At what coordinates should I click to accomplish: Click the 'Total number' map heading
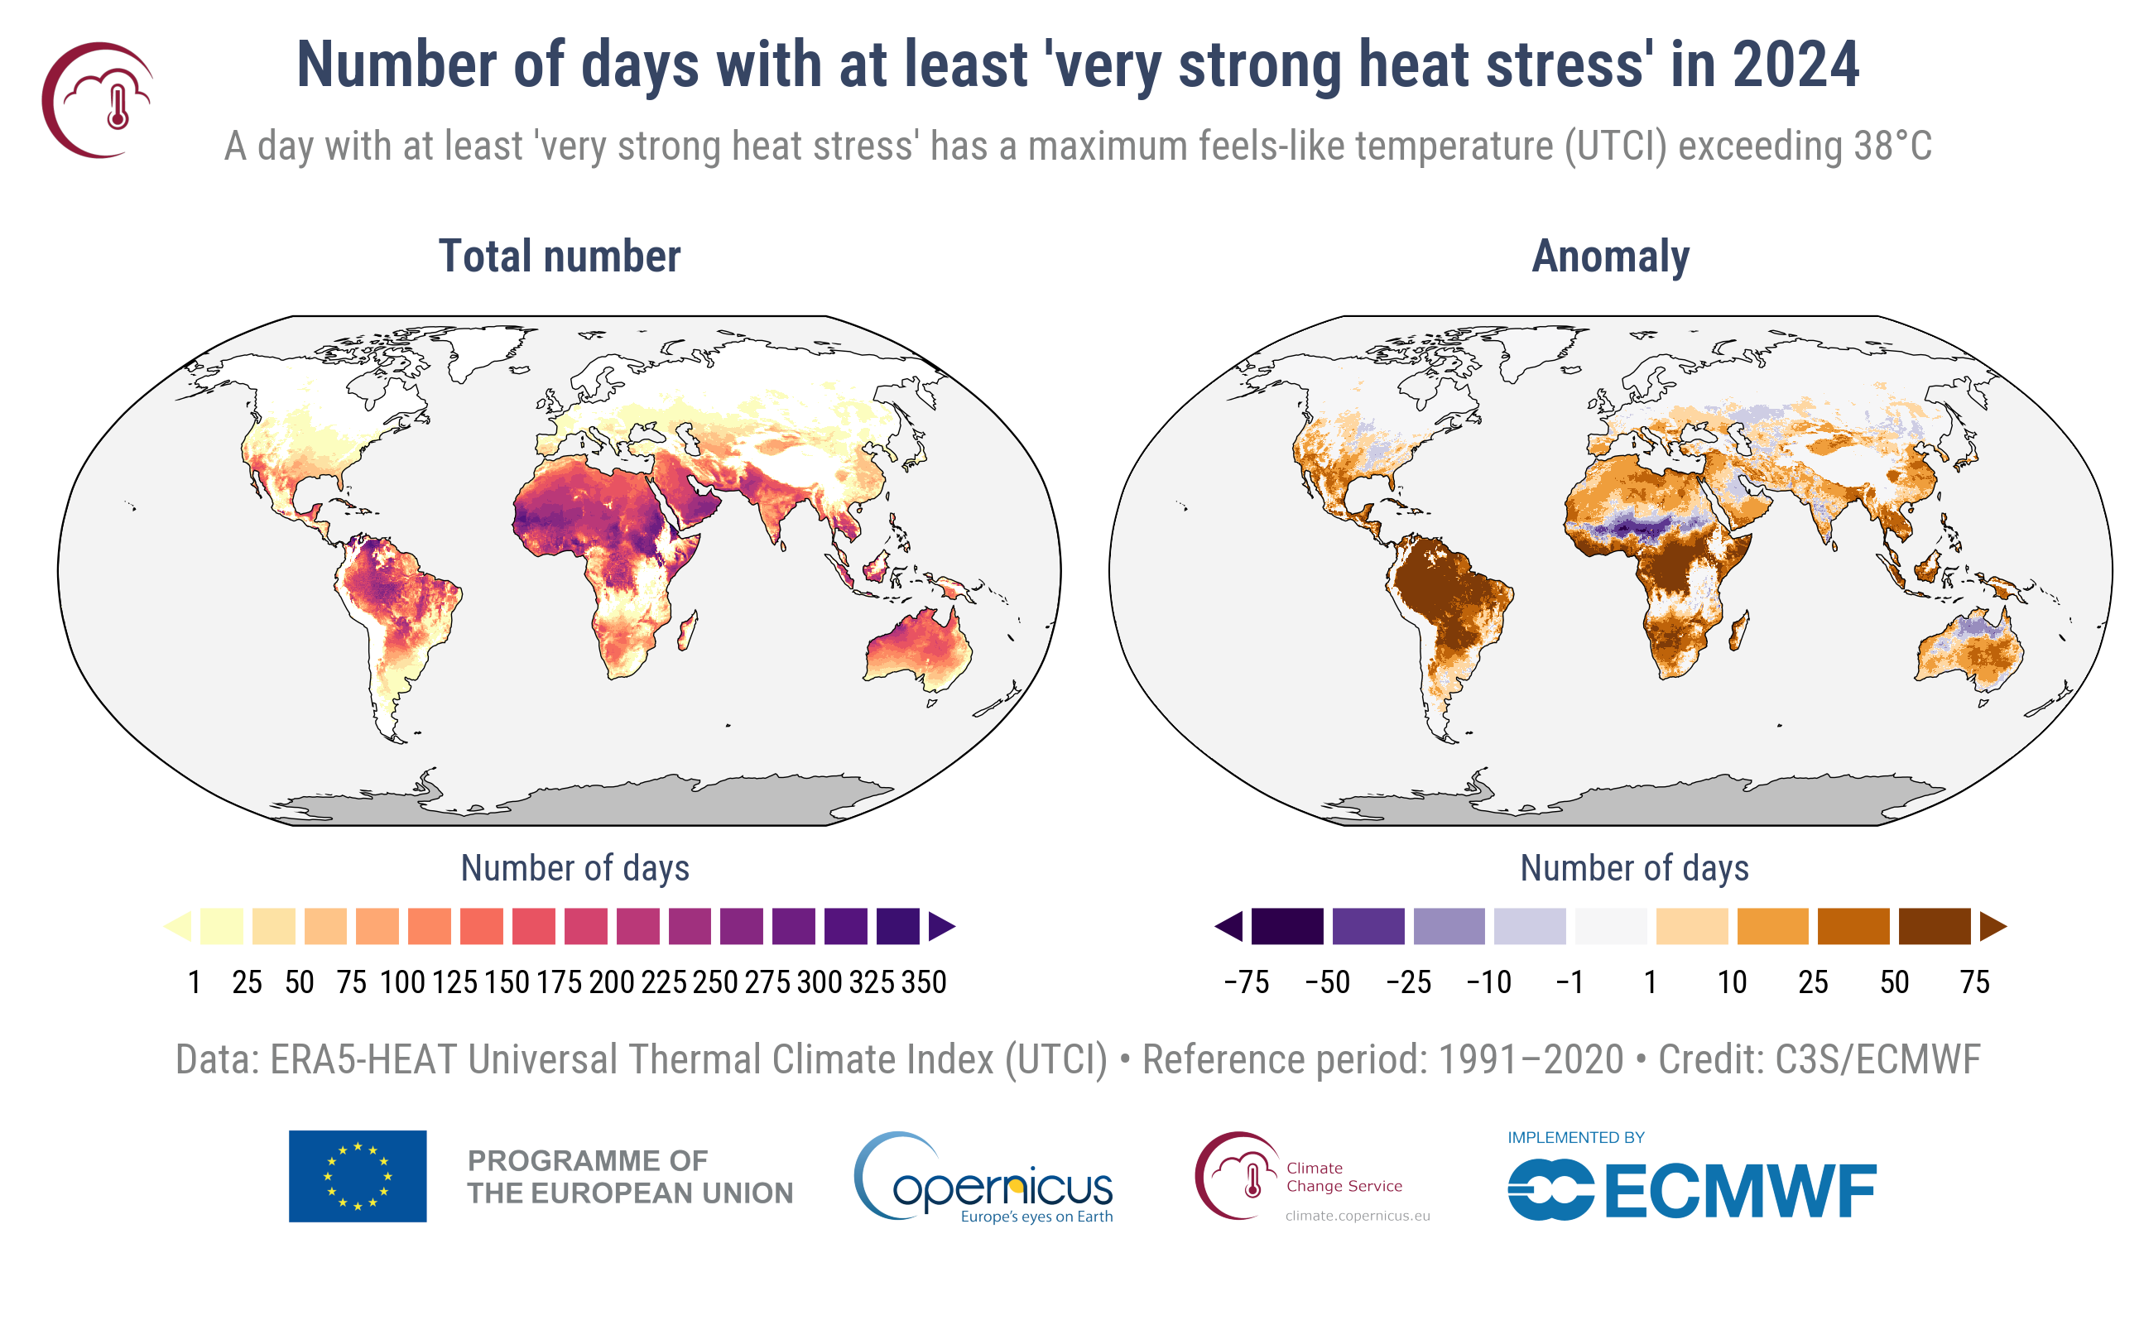pyautogui.click(x=559, y=256)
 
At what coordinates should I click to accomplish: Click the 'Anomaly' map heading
pyautogui.click(x=1610, y=256)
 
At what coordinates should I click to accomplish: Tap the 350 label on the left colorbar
pyautogui.click(x=924, y=982)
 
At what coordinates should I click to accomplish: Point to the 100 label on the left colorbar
pyautogui.click(x=401, y=982)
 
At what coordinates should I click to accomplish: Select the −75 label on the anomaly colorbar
pyautogui.click(x=1246, y=982)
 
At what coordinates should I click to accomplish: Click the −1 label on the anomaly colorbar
pyautogui.click(x=1570, y=982)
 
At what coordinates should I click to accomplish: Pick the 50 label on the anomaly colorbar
pyautogui.click(x=1893, y=982)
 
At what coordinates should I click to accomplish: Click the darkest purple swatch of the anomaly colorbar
pyautogui.click(x=1286, y=926)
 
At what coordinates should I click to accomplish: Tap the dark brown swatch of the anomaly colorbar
pyautogui.click(x=1934, y=926)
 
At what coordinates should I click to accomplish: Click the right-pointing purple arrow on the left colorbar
pyautogui.click(x=940, y=926)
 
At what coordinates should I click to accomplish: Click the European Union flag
pyautogui.click(x=358, y=1176)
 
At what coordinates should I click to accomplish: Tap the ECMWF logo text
pyautogui.click(x=1739, y=1191)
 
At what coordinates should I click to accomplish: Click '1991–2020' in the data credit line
pyautogui.click(x=1531, y=1059)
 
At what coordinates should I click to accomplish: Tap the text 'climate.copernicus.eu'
pyautogui.click(x=1358, y=1216)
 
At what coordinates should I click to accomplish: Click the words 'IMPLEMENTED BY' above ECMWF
pyautogui.click(x=1575, y=1138)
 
